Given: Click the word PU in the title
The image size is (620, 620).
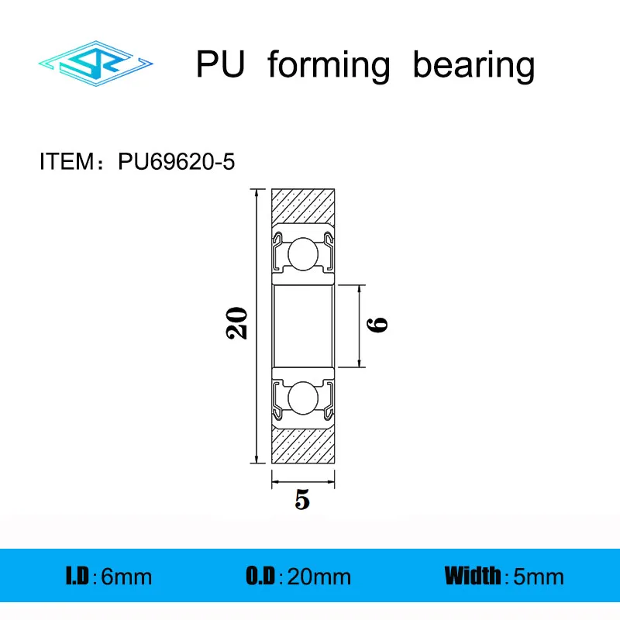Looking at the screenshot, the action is tap(220, 65).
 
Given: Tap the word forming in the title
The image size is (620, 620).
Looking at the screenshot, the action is tap(328, 67).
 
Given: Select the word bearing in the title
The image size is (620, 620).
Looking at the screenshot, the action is tap(474, 67).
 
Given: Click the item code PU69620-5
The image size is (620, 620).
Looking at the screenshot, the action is tap(176, 162).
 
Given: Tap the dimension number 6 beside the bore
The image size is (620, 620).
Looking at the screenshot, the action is tap(379, 325).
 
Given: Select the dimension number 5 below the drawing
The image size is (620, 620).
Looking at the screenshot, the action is tap(302, 501).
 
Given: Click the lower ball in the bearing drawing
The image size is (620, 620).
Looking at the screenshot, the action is tap(302, 398).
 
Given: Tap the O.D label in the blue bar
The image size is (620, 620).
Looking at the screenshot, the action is tap(260, 576).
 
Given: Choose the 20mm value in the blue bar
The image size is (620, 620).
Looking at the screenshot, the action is tap(319, 577).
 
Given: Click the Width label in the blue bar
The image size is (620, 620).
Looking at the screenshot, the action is tap(472, 576).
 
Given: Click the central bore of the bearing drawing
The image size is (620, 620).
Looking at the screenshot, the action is tap(302, 325).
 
